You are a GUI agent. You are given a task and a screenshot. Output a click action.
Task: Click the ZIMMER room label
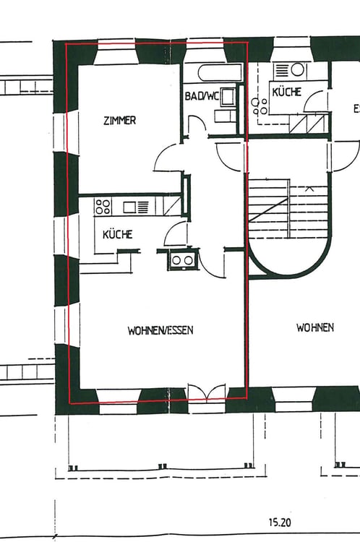pyautogui.click(x=120, y=121)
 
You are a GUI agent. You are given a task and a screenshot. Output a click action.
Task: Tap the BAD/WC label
pyautogui.click(x=202, y=95)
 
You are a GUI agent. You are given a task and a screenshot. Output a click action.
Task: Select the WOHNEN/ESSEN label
pyautogui.click(x=160, y=330)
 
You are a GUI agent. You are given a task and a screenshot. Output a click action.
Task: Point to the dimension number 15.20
pyautogui.click(x=280, y=522)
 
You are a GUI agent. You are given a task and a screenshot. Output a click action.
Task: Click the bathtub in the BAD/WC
pyautogui.click(x=220, y=72)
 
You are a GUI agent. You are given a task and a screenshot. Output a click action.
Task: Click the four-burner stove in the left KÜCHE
pyautogui.click(x=103, y=207)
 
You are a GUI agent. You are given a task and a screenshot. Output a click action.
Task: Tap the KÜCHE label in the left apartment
pyautogui.click(x=118, y=234)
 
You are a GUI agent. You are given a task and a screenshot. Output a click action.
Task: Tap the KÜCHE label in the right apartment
pyautogui.click(x=287, y=92)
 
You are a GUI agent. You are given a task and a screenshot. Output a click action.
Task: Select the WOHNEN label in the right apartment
pyautogui.click(x=315, y=327)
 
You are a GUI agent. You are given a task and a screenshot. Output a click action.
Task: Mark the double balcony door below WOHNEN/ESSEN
pyautogui.click(x=207, y=392)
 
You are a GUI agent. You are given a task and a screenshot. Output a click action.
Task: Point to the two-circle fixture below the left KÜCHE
pyautogui.click(x=182, y=260)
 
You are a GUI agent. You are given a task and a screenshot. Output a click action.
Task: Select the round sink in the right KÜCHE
pyautogui.click(x=296, y=70)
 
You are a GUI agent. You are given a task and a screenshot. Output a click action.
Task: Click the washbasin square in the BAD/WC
pyautogui.click(x=227, y=96)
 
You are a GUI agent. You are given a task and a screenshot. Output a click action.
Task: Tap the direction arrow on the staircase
pyautogui.click(x=309, y=189)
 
